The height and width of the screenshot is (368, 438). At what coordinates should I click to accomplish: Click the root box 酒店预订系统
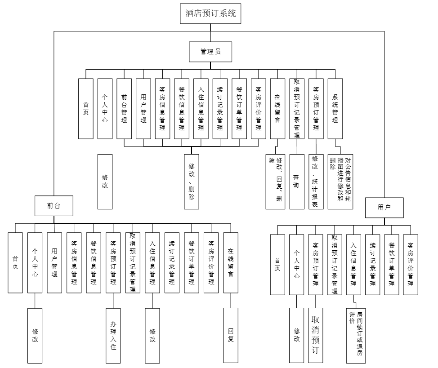pos(210,13)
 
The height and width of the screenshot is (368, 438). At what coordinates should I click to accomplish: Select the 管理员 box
pos(210,51)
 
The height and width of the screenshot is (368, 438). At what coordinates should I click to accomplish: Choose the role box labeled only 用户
pos(384,208)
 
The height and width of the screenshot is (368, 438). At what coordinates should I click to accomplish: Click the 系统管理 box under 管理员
pos(335,108)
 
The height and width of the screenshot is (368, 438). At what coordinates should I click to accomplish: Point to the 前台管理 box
pos(124,108)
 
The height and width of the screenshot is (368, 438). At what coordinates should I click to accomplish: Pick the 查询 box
pos(296,182)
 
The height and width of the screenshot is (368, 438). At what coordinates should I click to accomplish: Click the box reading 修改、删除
pos(192,182)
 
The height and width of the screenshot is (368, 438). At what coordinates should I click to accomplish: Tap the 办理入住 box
pos(113,335)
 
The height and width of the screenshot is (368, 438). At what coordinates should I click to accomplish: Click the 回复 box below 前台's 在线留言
pos(231,335)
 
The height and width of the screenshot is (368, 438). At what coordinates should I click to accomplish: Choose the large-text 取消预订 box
pos(316,335)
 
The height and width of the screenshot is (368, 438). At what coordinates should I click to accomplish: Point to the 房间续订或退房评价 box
pos(356,335)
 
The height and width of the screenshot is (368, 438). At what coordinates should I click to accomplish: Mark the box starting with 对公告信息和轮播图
pos(340,182)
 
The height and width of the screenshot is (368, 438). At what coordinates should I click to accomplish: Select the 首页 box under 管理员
pos(86,108)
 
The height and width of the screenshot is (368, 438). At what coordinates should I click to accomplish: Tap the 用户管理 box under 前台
pos(54,262)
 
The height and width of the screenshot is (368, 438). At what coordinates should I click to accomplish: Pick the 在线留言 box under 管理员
pos(277,108)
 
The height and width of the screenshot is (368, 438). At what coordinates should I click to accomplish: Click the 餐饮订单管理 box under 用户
pos(391,264)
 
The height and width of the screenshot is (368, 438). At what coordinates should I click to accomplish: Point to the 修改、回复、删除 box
pos(276,182)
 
